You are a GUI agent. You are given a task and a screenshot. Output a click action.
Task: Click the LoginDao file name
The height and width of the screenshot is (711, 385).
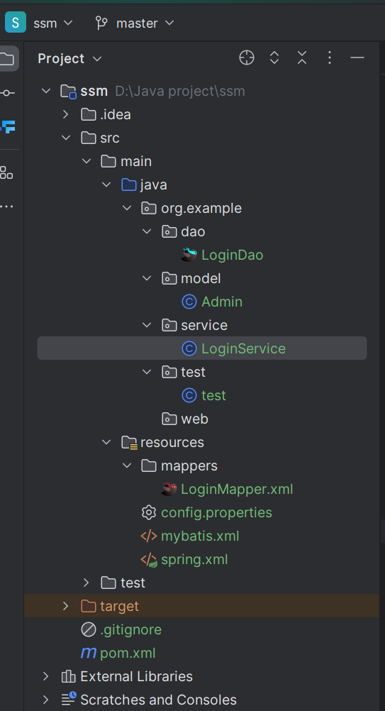click(x=232, y=255)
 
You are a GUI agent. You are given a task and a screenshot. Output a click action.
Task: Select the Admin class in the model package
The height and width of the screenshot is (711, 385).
click(x=221, y=302)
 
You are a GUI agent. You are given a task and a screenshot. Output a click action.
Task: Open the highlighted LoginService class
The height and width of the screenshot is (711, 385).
click(x=243, y=348)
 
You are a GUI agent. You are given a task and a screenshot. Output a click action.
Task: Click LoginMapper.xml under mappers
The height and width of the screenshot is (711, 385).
click(x=236, y=489)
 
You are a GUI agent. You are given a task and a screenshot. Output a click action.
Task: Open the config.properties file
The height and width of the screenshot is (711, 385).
click(x=216, y=512)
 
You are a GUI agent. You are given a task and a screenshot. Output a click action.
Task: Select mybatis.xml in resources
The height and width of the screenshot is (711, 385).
click(x=200, y=536)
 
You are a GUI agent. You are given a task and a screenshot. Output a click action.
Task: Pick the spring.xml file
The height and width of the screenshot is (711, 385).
click(x=194, y=560)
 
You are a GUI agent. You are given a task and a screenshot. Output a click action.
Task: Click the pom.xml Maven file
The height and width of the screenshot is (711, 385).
click(x=128, y=653)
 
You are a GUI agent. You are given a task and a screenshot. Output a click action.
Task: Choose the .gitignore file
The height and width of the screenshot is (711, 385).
click(x=130, y=629)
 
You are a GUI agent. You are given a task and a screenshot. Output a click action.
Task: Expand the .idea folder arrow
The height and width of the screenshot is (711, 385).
click(x=66, y=114)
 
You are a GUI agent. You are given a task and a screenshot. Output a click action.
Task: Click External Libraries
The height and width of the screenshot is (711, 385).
click(x=136, y=676)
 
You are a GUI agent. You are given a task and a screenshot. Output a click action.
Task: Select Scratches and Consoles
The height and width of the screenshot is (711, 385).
click(x=158, y=700)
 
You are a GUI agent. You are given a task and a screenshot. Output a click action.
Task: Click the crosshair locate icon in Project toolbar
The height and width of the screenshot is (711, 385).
click(x=247, y=58)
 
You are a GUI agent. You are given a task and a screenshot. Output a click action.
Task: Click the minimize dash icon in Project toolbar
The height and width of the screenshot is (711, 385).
click(x=357, y=58)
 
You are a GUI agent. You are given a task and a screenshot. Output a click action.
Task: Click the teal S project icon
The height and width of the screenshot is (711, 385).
click(x=16, y=23)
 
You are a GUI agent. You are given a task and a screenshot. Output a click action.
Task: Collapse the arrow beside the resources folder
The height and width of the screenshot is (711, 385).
click(x=106, y=442)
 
